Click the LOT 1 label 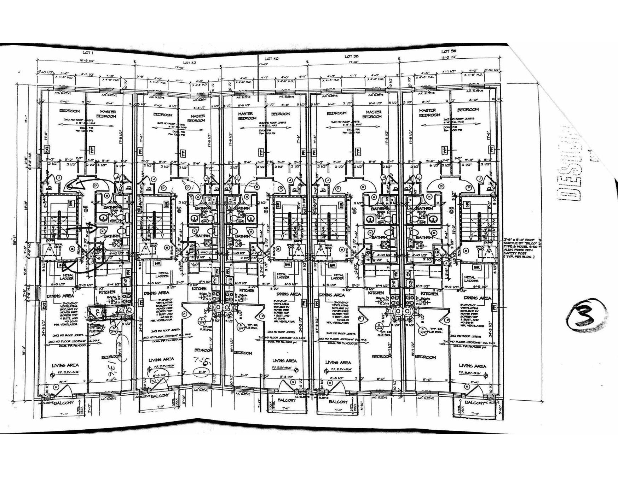pyautogui.click(x=88, y=53)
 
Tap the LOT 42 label pyautogui.click(x=190, y=63)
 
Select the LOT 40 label pyautogui.click(x=272, y=59)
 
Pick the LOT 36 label pyautogui.click(x=449, y=51)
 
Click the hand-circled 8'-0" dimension pyautogui.click(x=202, y=372)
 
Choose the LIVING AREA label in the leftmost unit pyautogui.click(x=65, y=365)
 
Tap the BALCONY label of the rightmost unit pyautogui.click(x=474, y=402)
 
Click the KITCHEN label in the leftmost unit pyautogui.click(x=107, y=292)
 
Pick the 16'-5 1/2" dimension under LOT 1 pyautogui.click(x=87, y=61)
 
